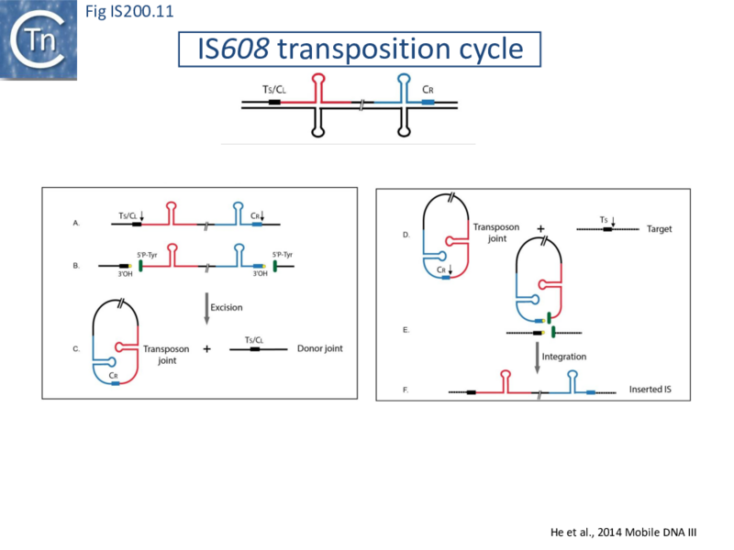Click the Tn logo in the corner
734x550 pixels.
tap(38, 38)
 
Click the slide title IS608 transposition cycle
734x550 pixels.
tap(360, 49)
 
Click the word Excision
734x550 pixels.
tap(228, 308)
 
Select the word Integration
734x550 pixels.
tap(564, 356)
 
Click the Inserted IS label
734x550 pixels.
tap(651, 390)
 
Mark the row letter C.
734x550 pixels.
tap(75, 349)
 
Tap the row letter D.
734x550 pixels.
tap(406, 236)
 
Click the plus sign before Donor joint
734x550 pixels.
tap(207, 349)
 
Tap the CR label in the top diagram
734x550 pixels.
tap(428, 90)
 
